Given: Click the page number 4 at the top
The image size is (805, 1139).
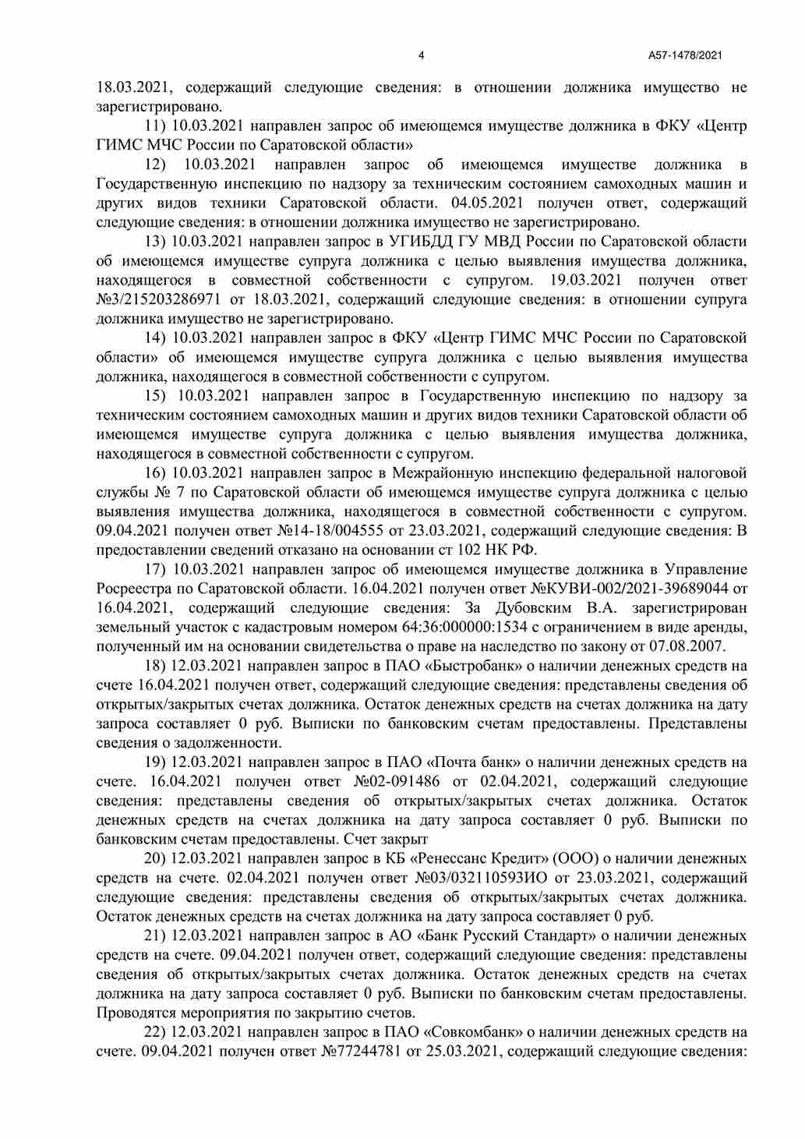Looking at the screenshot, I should click(422, 55).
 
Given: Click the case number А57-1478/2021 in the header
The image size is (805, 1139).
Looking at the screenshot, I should click(686, 55).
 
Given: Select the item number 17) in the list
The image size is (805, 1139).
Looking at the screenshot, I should click(157, 569).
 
